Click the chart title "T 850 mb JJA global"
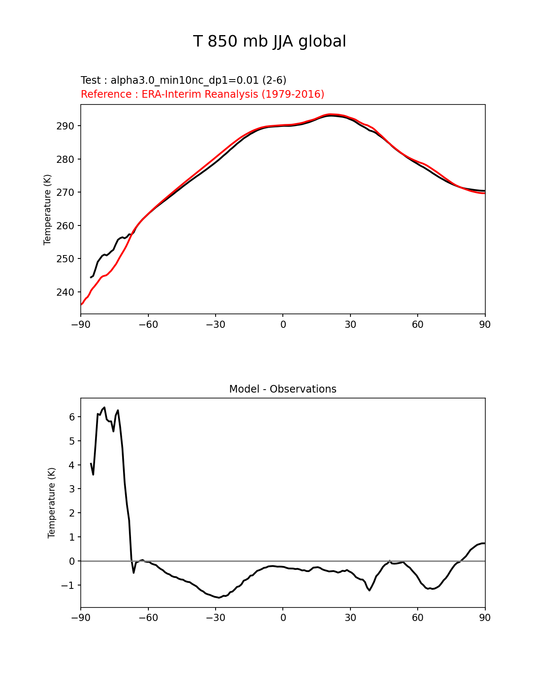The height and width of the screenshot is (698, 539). pyautogui.click(x=269, y=41)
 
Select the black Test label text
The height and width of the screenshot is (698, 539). pyautogui.click(x=183, y=80)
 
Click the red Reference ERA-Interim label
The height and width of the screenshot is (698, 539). pyautogui.click(x=202, y=94)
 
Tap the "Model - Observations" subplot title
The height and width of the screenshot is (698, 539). pyautogui.click(x=282, y=389)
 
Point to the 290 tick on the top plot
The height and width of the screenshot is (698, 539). pyautogui.click(x=65, y=126)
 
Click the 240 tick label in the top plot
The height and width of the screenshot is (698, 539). pyautogui.click(x=65, y=292)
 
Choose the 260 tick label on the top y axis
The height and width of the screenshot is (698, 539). pyautogui.click(x=65, y=226)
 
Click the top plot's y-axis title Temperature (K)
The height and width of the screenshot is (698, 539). pyautogui.click(x=47, y=209)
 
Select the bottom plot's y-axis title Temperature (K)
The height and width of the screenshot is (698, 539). pyautogui.click(x=52, y=503)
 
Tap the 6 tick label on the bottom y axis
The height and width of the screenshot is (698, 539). pyautogui.click(x=72, y=417)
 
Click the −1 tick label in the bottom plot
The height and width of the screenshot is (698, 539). pyautogui.click(x=68, y=585)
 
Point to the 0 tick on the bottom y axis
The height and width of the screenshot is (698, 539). pyautogui.click(x=72, y=561)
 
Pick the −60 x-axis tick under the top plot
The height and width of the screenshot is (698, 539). pyautogui.click(x=148, y=324)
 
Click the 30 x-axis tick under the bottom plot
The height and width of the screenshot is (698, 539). pyautogui.click(x=350, y=618)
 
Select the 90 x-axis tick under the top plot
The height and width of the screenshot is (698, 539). pyautogui.click(x=485, y=324)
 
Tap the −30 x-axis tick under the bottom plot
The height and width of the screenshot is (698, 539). pyautogui.click(x=215, y=618)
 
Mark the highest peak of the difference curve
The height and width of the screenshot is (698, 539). pyautogui.click(x=104, y=407)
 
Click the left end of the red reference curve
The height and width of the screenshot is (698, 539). pyautogui.click(x=81, y=304)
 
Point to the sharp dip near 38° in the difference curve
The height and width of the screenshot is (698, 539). pyautogui.click(x=369, y=590)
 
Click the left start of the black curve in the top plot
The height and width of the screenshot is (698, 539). pyautogui.click(x=91, y=278)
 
